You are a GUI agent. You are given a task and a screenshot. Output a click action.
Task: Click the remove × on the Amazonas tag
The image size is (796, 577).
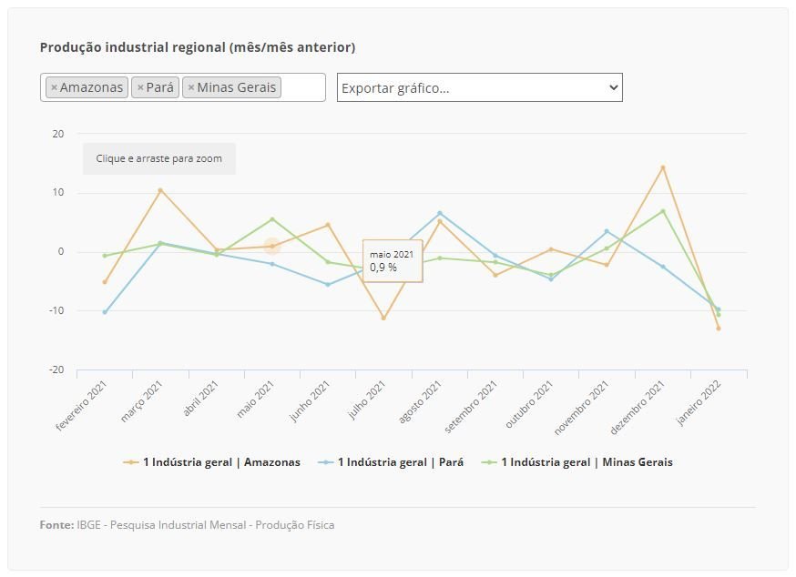[54, 87]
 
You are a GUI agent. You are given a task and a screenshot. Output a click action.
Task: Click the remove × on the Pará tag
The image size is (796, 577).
[139, 87]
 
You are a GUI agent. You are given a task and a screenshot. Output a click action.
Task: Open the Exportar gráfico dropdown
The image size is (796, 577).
[479, 87]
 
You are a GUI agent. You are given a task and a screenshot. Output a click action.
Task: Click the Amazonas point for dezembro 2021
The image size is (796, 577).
[663, 167]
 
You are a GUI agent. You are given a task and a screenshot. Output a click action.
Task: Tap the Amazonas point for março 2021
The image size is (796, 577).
[160, 190]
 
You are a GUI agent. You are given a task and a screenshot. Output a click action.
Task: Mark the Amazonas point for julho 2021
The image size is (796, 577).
[383, 318]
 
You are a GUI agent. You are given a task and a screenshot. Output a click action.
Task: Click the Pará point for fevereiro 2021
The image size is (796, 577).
[105, 312]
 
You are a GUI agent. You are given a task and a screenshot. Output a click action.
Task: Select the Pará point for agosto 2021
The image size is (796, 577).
[440, 213]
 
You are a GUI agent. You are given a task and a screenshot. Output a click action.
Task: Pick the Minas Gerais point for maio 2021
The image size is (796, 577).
[272, 219]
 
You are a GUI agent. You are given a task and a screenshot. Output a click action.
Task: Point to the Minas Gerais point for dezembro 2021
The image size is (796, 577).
[663, 211]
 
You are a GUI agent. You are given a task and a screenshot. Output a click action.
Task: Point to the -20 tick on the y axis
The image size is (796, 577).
[57, 369]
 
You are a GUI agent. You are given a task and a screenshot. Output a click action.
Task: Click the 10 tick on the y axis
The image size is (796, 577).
[58, 193]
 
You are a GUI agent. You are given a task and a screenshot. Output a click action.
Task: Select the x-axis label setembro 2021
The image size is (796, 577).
[474, 404]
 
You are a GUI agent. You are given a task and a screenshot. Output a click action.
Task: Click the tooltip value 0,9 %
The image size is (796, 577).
[383, 268]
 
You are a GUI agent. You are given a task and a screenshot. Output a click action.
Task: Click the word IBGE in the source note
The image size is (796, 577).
[91, 525]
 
